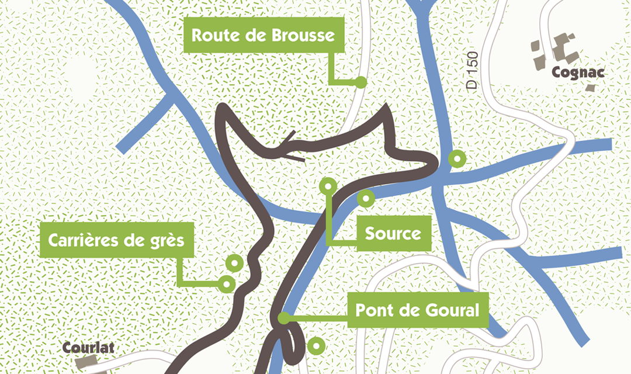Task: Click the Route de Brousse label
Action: click(264, 36)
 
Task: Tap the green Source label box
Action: click(393, 234)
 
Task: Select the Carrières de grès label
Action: click(116, 240)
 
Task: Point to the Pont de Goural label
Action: click(417, 310)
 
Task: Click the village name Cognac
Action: click(577, 72)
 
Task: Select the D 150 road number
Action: click(473, 71)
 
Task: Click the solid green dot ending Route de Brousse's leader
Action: click(361, 82)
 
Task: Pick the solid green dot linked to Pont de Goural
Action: click(283, 318)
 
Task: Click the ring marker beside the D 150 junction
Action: click(456, 158)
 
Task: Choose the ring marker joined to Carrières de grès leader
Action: click(227, 284)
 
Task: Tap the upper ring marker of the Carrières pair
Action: click(234, 264)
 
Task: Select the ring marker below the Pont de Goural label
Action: click(316, 346)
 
